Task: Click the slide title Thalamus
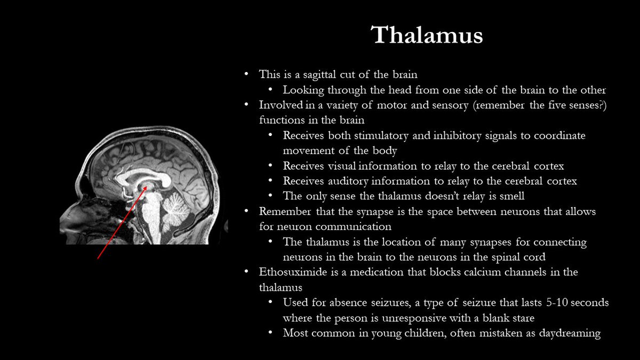click(x=427, y=35)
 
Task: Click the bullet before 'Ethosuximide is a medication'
click(x=246, y=272)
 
